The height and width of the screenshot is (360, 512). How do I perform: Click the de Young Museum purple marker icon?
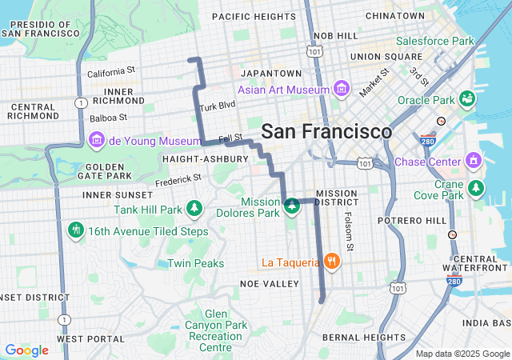click(x=97, y=141)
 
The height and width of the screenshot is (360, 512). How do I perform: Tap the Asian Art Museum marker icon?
click(x=342, y=87)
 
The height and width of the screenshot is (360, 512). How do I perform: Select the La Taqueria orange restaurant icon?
click(x=331, y=262)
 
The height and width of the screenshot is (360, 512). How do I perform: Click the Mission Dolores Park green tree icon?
click(x=292, y=207)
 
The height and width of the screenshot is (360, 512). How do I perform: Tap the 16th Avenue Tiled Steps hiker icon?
click(x=76, y=230)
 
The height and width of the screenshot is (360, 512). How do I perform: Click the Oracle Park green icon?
click(x=467, y=100)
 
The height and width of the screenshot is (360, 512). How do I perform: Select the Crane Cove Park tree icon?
click(x=476, y=187)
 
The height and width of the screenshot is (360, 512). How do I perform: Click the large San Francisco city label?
click(x=326, y=132)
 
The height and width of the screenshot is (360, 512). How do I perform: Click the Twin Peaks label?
click(x=195, y=263)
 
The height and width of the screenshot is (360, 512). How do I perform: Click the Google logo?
click(x=26, y=350)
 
